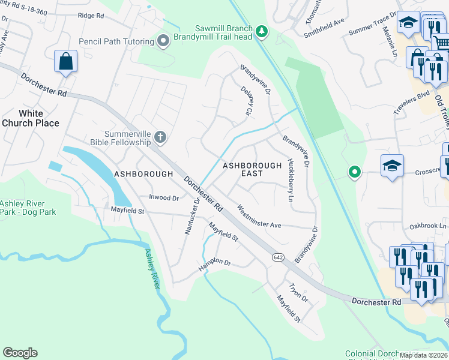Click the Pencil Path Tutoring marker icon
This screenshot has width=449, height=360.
coord(163,41)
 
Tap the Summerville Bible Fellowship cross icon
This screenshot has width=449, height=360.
coord(160,137)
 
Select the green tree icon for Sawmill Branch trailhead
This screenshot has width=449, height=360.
coord(261,31)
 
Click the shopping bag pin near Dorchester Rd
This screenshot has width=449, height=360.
coord(65,61)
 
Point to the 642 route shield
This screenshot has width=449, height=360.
coord(277,257)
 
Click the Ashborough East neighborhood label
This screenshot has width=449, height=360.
coord(252,169)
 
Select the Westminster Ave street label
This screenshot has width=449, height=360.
coord(259,217)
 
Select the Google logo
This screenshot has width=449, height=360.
coord(20,353)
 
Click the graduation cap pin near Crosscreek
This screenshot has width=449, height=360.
coord(392,166)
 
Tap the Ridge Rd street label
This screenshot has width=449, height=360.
coord(91,15)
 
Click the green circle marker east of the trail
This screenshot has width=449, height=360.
coord(355,173)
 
